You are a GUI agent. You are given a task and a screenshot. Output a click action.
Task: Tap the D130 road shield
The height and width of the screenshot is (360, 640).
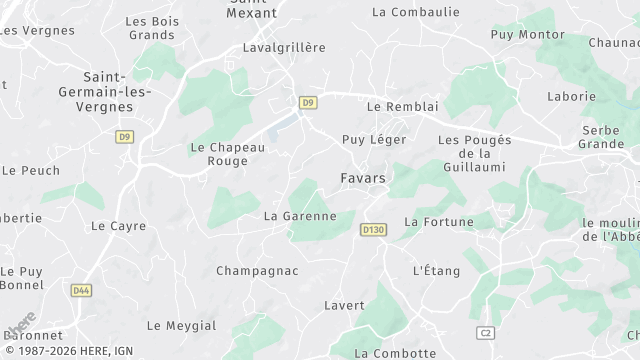pos(373,230)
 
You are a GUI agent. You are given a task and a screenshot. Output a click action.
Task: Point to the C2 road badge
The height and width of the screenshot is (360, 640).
pos(486,332)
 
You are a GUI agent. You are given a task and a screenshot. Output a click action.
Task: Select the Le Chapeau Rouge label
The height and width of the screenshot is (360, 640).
pos(227,154)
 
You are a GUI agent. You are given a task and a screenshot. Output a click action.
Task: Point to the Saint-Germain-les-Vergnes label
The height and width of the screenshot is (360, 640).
pos(116,92)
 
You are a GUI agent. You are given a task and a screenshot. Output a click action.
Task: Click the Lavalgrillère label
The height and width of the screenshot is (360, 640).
pos(284,47)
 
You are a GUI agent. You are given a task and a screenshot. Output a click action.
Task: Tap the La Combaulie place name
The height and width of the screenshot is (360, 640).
pos(415,12)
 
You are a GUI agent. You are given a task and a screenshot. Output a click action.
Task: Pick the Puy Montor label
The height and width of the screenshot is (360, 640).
pos(527,34)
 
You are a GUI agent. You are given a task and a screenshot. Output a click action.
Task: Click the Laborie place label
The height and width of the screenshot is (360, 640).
pos(571,97)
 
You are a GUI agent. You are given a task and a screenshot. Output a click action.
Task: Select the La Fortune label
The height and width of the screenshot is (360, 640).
pos(438,221)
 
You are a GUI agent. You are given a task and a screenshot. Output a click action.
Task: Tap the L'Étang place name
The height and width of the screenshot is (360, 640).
pos(436,271)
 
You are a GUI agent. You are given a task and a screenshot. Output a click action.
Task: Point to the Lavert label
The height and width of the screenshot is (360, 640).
pos(344,305)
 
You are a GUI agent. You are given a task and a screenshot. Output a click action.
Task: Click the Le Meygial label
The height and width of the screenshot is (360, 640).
pos(181,325)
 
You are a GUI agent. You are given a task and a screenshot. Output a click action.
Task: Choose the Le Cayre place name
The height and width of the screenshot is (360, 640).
pos(118,226)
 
